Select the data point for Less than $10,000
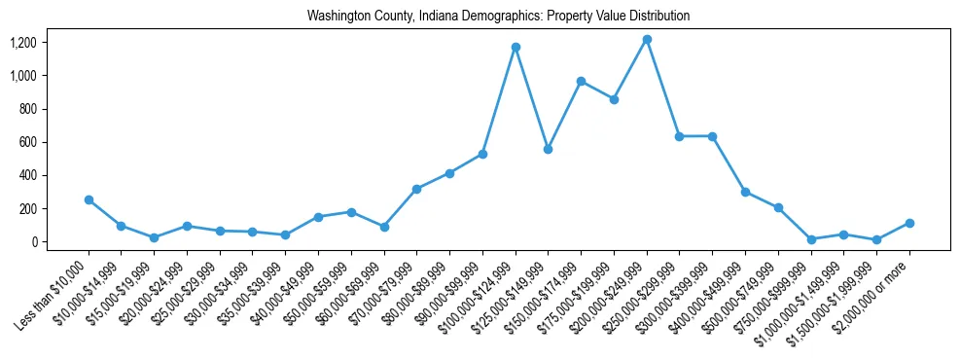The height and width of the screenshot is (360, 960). [x=89, y=199]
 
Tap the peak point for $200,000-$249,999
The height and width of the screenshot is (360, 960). [x=647, y=39]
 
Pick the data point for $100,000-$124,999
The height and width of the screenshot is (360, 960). [x=516, y=47]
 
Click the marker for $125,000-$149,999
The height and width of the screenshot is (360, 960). [x=549, y=149]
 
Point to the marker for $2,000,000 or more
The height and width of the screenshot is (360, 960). [x=909, y=223]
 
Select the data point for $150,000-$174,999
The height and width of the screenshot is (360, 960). [x=581, y=81]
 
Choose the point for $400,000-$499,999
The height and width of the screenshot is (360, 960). [x=745, y=192]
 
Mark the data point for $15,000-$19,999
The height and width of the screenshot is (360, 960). [x=154, y=237]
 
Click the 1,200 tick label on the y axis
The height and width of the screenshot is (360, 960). [x=22, y=43]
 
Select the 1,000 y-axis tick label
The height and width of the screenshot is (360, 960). [x=22, y=76]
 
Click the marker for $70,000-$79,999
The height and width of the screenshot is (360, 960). [x=416, y=189]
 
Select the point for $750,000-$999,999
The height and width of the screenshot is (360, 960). [x=811, y=239]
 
